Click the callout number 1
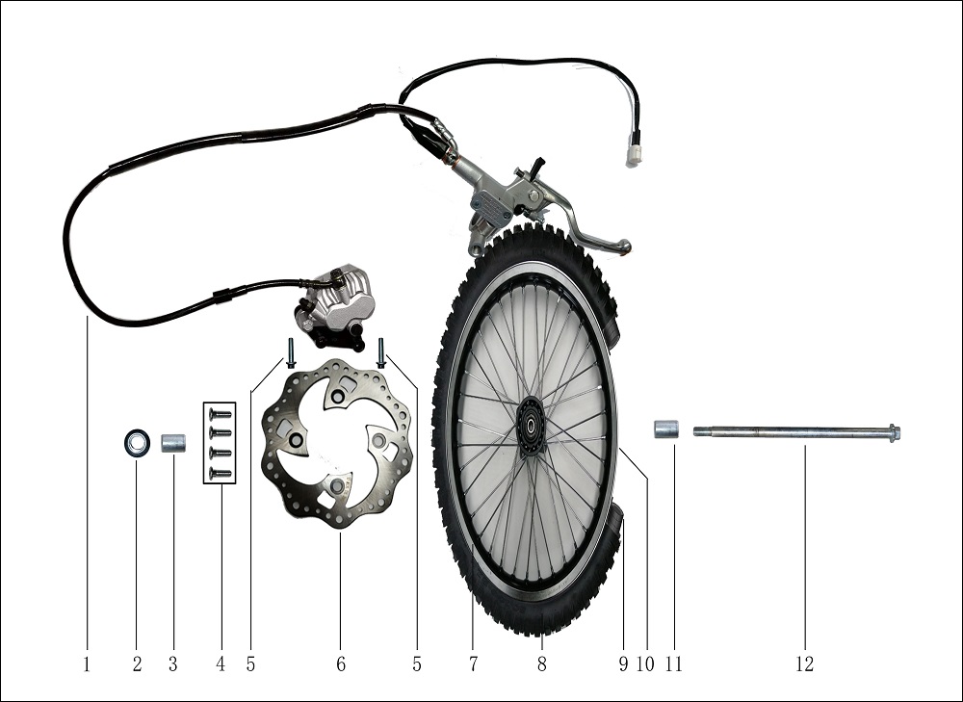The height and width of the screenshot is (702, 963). [x=88, y=663]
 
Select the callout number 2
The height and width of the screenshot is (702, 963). [x=137, y=663]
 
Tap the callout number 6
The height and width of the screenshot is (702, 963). [x=341, y=663]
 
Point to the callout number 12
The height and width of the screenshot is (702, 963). [x=804, y=663]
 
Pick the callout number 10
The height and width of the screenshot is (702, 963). [x=645, y=663]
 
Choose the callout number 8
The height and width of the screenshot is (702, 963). [x=541, y=663]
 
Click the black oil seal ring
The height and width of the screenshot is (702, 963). [x=137, y=443]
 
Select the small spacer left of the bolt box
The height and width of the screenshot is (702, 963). [x=173, y=443]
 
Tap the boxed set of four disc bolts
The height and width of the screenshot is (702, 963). [x=220, y=442]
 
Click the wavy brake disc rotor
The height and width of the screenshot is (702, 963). [x=337, y=443]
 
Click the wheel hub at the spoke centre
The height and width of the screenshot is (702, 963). [x=530, y=426]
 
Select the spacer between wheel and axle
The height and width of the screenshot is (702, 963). [x=665, y=429]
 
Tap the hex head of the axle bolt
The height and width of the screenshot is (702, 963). [x=895, y=432]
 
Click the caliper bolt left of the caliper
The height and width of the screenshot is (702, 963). [x=291, y=353]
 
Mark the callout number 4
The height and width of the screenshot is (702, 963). [x=221, y=663]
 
